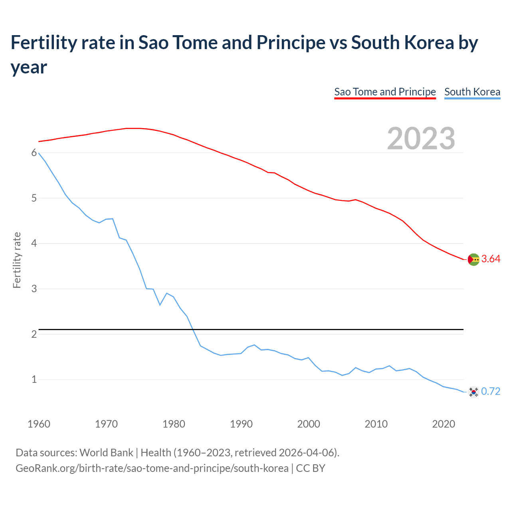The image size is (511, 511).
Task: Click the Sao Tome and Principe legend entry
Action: click(385, 92)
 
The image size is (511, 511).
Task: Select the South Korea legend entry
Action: click(472, 92)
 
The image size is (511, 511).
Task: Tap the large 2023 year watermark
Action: click(421, 139)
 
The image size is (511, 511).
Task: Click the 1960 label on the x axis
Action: click(39, 424)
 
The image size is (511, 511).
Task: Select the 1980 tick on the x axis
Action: click(174, 424)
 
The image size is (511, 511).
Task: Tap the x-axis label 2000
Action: click(309, 424)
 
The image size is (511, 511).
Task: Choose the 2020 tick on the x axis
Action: click(444, 424)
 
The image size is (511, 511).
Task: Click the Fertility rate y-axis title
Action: click(17, 260)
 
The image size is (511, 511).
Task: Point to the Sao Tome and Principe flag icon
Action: click(473, 259)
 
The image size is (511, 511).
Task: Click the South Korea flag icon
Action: click(473, 392)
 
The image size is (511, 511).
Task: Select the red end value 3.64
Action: click(491, 259)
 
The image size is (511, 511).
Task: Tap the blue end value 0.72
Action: click(491, 392)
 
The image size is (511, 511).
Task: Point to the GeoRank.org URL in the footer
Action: click(152, 468)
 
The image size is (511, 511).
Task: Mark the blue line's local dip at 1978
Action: click(160, 305)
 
